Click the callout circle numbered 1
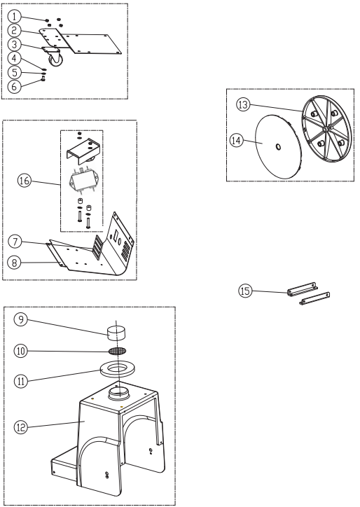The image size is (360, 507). [x=14, y=17]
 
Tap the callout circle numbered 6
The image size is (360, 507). [x=14, y=86]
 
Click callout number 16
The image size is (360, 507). [x=25, y=181]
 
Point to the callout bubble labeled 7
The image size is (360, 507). [x=15, y=242]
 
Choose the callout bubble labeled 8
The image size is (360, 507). [x=15, y=262]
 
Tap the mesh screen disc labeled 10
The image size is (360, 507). [x=117, y=351]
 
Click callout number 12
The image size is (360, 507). [x=20, y=427]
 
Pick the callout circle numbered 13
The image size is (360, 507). [x=243, y=104]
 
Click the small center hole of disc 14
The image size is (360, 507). [x=277, y=147]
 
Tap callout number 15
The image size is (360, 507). [x=245, y=291]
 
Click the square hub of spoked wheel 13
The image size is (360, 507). [x=326, y=129]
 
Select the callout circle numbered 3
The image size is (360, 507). [x=14, y=44]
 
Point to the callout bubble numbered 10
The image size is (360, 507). [x=21, y=351]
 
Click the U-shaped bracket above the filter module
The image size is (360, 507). [x=85, y=148]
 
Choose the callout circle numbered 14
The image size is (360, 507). [x=237, y=141]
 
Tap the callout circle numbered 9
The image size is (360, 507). [x=20, y=319]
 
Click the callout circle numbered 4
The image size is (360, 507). [x=14, y=58]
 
